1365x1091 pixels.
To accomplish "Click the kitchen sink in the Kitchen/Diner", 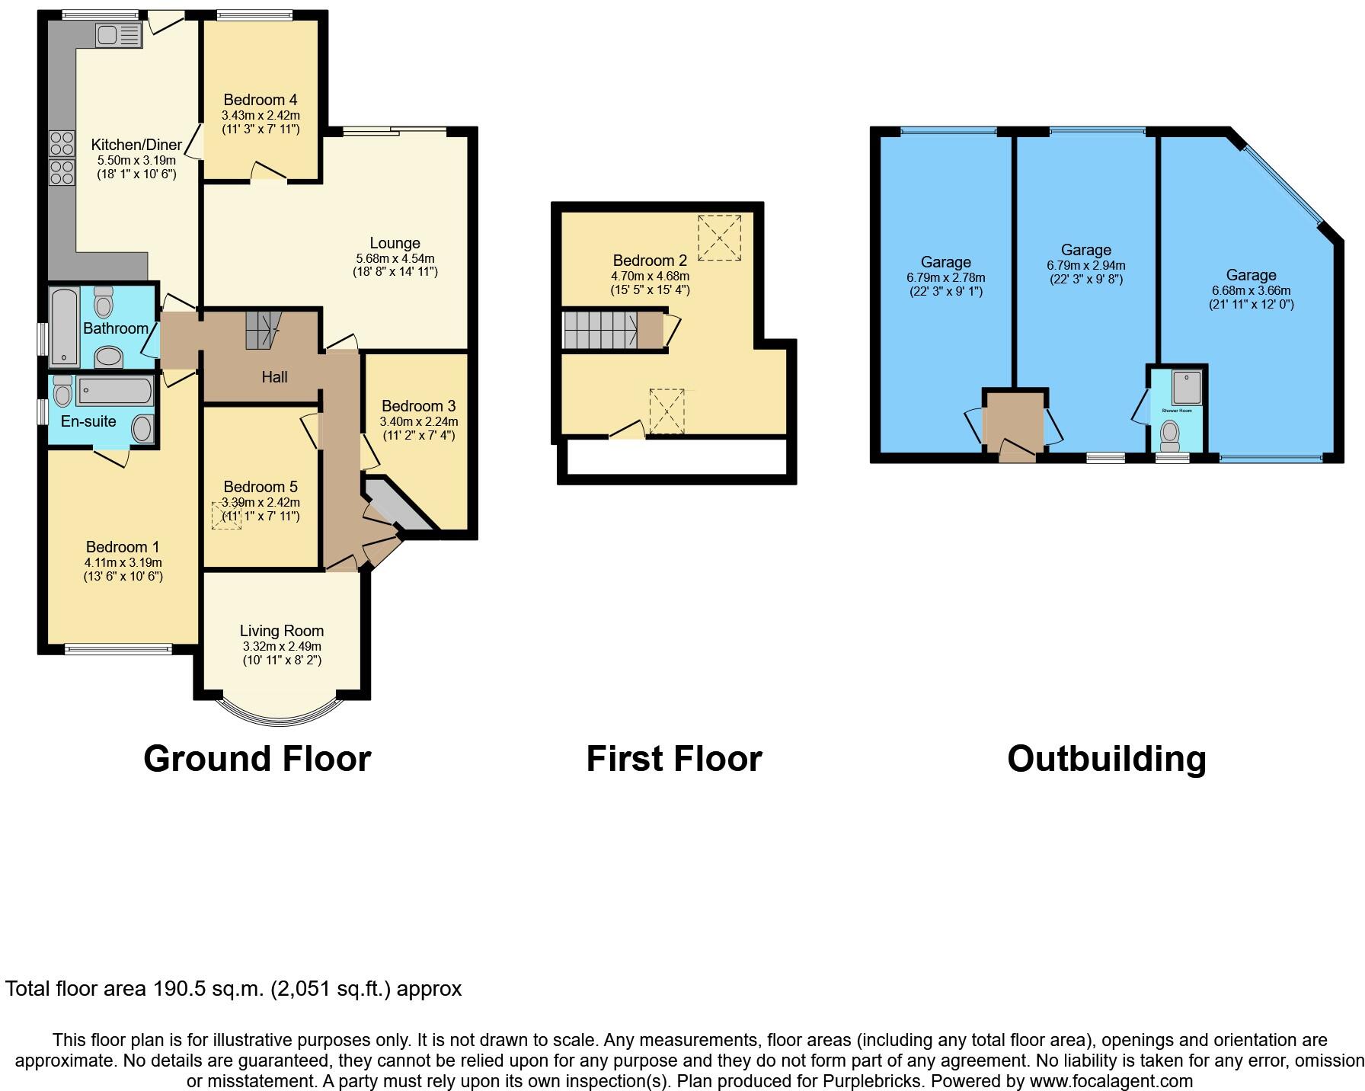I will point(118,35).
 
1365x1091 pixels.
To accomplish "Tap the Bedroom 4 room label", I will point(260,100).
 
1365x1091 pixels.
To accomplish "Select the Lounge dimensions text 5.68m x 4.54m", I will point(395,258).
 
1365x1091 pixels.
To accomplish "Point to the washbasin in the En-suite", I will point(142,428).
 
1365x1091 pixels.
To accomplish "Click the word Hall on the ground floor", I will point(274,376).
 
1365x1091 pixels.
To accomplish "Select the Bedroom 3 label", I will point(418,406).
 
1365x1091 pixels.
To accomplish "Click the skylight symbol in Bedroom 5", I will point(226,514).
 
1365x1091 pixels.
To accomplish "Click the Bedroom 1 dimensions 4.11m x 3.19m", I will point(123,562).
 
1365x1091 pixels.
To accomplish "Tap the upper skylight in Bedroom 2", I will point(718,238).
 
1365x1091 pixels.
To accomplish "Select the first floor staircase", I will point(602,330).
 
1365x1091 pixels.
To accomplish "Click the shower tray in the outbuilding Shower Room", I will point(1186,387).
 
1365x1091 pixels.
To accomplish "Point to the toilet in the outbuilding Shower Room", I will point(1168,436).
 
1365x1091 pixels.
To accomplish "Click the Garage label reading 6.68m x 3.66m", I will point(1251,290).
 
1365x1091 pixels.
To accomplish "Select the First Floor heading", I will point(673,759).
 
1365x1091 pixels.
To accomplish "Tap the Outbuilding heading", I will point(1106,759).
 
